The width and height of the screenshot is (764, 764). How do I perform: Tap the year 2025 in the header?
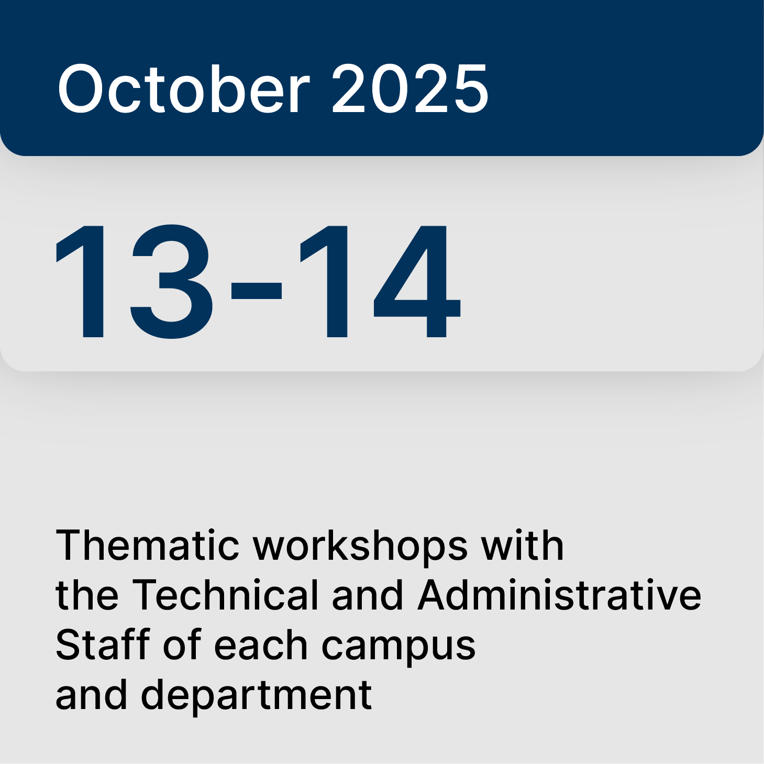[x=410, y=88]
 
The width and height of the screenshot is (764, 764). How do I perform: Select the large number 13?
[x=134, y=281]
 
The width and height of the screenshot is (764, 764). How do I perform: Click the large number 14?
[x=380, y=281]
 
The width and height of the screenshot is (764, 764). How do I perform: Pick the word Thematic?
[x=148, y=545]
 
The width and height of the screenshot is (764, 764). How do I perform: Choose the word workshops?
[x=361, y=546]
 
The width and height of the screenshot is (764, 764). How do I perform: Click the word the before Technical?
[x=86, y=595]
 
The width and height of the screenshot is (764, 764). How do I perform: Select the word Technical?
[x=225, y=595]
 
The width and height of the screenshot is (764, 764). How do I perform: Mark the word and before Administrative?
[x=368, y=595]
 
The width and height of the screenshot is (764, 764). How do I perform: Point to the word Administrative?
[x=559, y=595]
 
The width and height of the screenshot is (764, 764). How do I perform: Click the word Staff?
[x=103, y=645]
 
